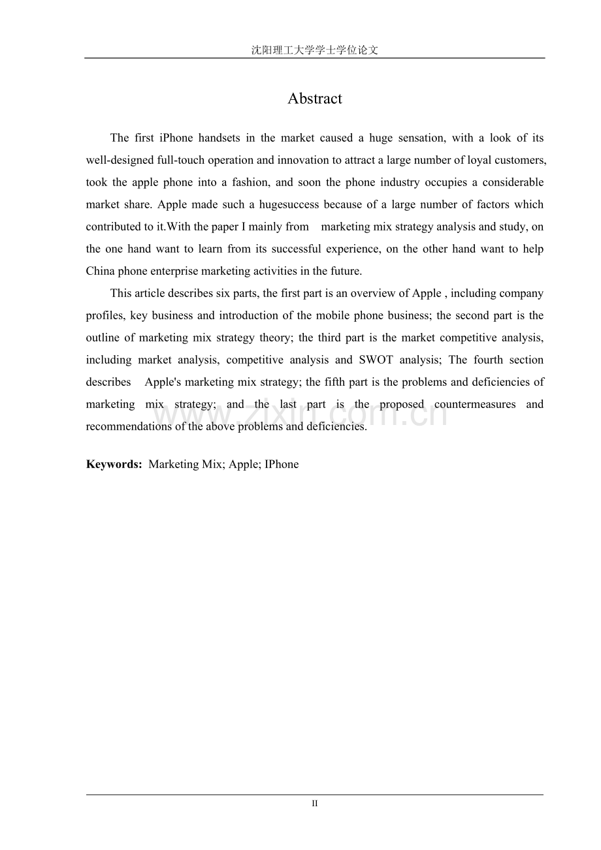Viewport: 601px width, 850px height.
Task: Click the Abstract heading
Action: coord(314,99)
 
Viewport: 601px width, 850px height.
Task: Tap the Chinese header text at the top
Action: coord(314,50)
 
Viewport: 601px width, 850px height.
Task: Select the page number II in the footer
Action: coord(314,804)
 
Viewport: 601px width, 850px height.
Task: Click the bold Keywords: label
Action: coord(114,464)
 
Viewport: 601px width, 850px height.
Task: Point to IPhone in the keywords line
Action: coord(282,464)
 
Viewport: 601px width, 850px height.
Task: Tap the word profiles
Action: coord(105,315)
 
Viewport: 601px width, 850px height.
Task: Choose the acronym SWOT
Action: coord(376,360)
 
